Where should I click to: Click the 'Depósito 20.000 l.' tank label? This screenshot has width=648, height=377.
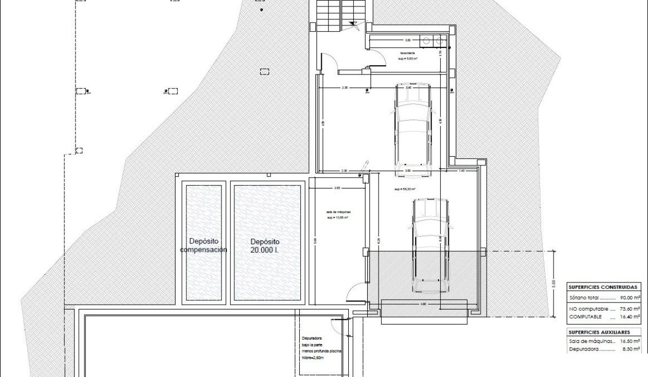(x=266, y=246)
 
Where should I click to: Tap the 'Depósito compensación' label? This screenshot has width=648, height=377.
(x=204, y=246)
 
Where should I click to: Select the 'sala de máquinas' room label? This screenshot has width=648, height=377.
(x=336, y=215)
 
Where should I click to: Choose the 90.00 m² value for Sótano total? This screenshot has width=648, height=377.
(x=630, y=298)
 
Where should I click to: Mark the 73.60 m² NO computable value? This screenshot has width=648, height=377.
(x=630, y=309)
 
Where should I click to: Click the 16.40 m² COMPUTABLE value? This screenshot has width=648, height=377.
(x=630, y=317)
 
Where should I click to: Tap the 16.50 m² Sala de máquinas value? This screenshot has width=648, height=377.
(x=630, y=341)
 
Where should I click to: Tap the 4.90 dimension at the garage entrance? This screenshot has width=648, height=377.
(x=423, y=304)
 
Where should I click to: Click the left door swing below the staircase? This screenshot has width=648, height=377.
(x=329, y=62)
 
